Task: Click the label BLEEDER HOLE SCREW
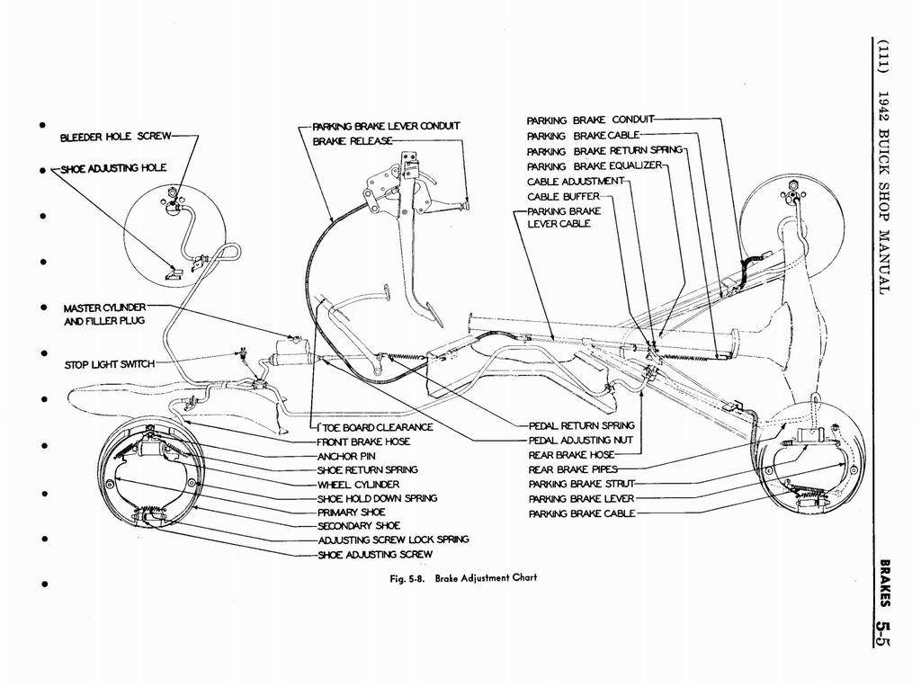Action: [116, 137]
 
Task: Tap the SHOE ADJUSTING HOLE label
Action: [114, 168]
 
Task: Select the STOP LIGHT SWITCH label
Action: [109, 365]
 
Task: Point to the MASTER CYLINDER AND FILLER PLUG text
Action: [104, 314]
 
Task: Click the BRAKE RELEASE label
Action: [352, 141]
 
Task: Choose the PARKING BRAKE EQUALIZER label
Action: [595, 166]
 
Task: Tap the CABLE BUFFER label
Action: [563, 197]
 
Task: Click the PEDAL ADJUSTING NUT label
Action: [581, 440]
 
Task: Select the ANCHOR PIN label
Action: [346, 456]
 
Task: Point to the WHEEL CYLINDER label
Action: [358, 485]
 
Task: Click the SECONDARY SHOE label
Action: [359, 526]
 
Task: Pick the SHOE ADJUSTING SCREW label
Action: [375, 554]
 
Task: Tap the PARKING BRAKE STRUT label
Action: [582, 484]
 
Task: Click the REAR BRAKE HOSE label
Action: [571, 454]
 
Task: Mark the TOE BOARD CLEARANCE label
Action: [375, 427]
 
